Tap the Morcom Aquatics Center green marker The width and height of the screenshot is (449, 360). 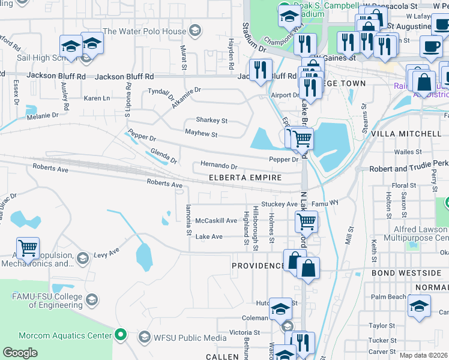(121, 335)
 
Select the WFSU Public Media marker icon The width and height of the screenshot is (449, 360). (145, 338)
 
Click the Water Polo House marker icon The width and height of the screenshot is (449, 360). (194, 31)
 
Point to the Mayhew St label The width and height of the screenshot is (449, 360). (201, 134)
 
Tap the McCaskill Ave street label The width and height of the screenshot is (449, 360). (216, 220)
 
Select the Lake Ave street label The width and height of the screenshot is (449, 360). (209, 237)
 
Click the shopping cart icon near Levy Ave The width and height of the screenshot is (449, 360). (28, 247)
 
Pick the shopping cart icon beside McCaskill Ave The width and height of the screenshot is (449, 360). (306, 221)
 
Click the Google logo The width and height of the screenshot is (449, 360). (20, 353)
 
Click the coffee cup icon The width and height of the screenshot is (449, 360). (430, 46)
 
